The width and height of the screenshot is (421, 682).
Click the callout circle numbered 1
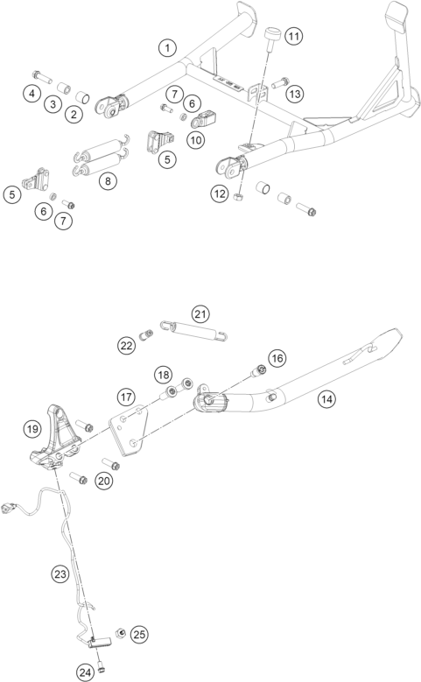tap(168, 48)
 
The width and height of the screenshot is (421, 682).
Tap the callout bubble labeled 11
tap(294, 36)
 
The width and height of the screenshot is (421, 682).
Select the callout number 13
tap(295, 94)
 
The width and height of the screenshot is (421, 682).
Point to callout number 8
tap(108, 181)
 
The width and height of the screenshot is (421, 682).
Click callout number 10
tap(196, 140)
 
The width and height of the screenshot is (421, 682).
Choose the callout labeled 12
tap(220, 193)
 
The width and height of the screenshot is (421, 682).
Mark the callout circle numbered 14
tap(326, 399)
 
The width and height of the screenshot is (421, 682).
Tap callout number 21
tap(200, 314)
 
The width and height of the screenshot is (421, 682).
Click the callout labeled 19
tap(32, 429)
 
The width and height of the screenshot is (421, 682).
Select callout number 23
tap(60, 574)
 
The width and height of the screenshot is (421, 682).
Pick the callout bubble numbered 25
tap(139, 635)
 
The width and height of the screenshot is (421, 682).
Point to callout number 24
tap(86, 673)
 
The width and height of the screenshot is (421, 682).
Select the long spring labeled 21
tap(194, 329)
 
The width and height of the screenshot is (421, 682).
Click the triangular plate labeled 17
tap(129, 430)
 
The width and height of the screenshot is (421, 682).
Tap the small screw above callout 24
tap(102, 664)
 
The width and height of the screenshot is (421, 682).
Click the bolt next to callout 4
tap(42, 76)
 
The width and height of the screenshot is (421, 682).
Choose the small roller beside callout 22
tap(145, 335)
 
